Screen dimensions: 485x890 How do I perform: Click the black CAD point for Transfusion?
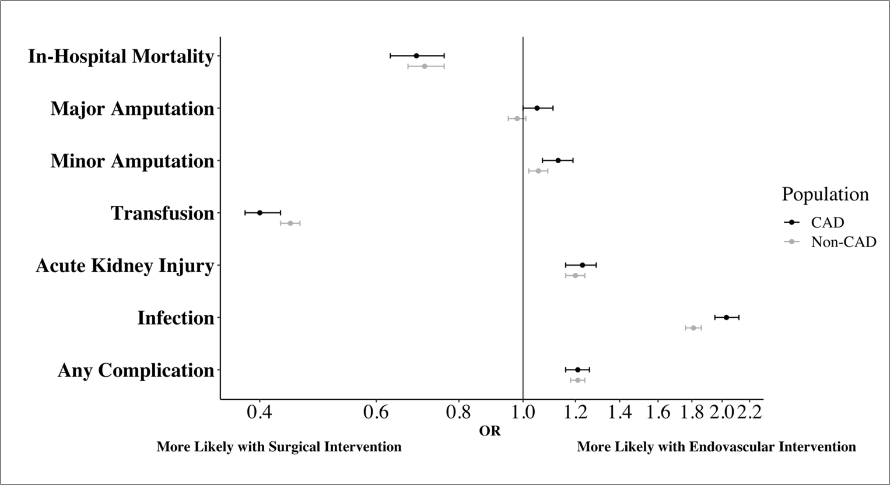[x=260, y=213]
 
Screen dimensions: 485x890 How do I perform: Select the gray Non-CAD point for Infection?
[x=693, y=328]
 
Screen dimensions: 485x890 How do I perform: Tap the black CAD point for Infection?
[x=726, y=317]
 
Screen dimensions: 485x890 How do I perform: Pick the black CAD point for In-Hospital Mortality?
[x=416, y=55]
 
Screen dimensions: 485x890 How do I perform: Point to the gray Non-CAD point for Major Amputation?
[x=517, y=118]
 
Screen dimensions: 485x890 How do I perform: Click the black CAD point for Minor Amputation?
[x=558, y=160]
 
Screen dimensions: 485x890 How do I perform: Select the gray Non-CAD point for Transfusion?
[x=290, y=223]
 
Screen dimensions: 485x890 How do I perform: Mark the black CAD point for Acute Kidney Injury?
[x=582, y=265]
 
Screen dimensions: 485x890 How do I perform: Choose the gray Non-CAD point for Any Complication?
[x=577, y=380]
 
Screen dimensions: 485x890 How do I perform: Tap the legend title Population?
[x=825, y=194]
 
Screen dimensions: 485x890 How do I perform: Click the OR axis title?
[x=490, y=431]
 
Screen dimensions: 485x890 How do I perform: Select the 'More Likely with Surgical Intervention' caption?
[x=279, y=447]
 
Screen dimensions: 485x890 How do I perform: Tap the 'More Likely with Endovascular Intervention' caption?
[x=716, y=447]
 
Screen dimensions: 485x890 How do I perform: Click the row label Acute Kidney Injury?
[x=125, y=266]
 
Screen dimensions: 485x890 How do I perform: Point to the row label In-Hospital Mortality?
[x=121, y=57]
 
